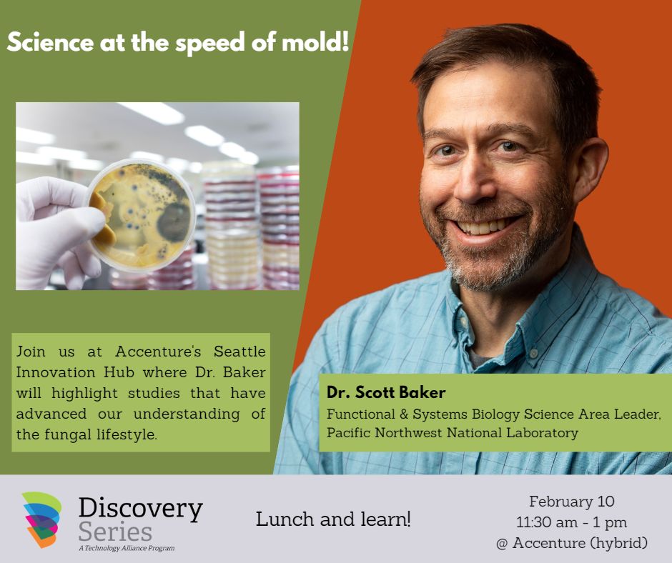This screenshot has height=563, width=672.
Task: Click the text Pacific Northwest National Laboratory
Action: point(453,432)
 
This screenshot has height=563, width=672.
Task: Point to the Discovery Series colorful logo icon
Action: point(41,519)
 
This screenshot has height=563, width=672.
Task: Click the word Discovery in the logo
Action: point(140,509)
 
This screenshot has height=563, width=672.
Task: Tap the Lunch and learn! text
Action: point(333,519)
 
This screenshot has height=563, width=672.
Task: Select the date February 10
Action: point(571,501)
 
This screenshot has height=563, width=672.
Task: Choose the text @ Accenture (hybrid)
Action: point(571,543)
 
